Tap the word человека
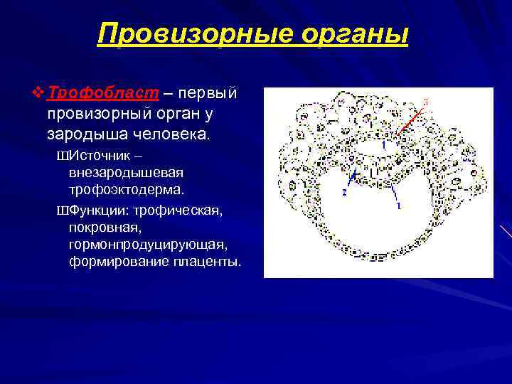pyautogui.click(x=171, y=133)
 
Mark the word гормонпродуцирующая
pyautogui.click(x=148, y=245)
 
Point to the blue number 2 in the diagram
pyautogui.click(x=343, y=192)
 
